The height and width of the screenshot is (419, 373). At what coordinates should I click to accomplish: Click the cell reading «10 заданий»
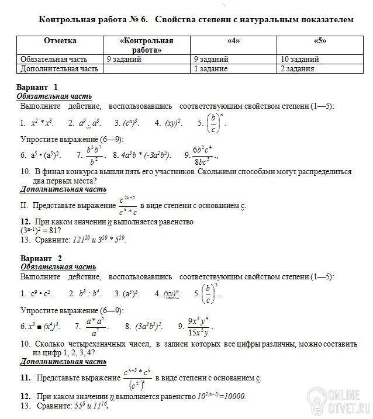(300, 60)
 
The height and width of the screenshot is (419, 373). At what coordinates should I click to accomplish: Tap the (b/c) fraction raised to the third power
(207, 293)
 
